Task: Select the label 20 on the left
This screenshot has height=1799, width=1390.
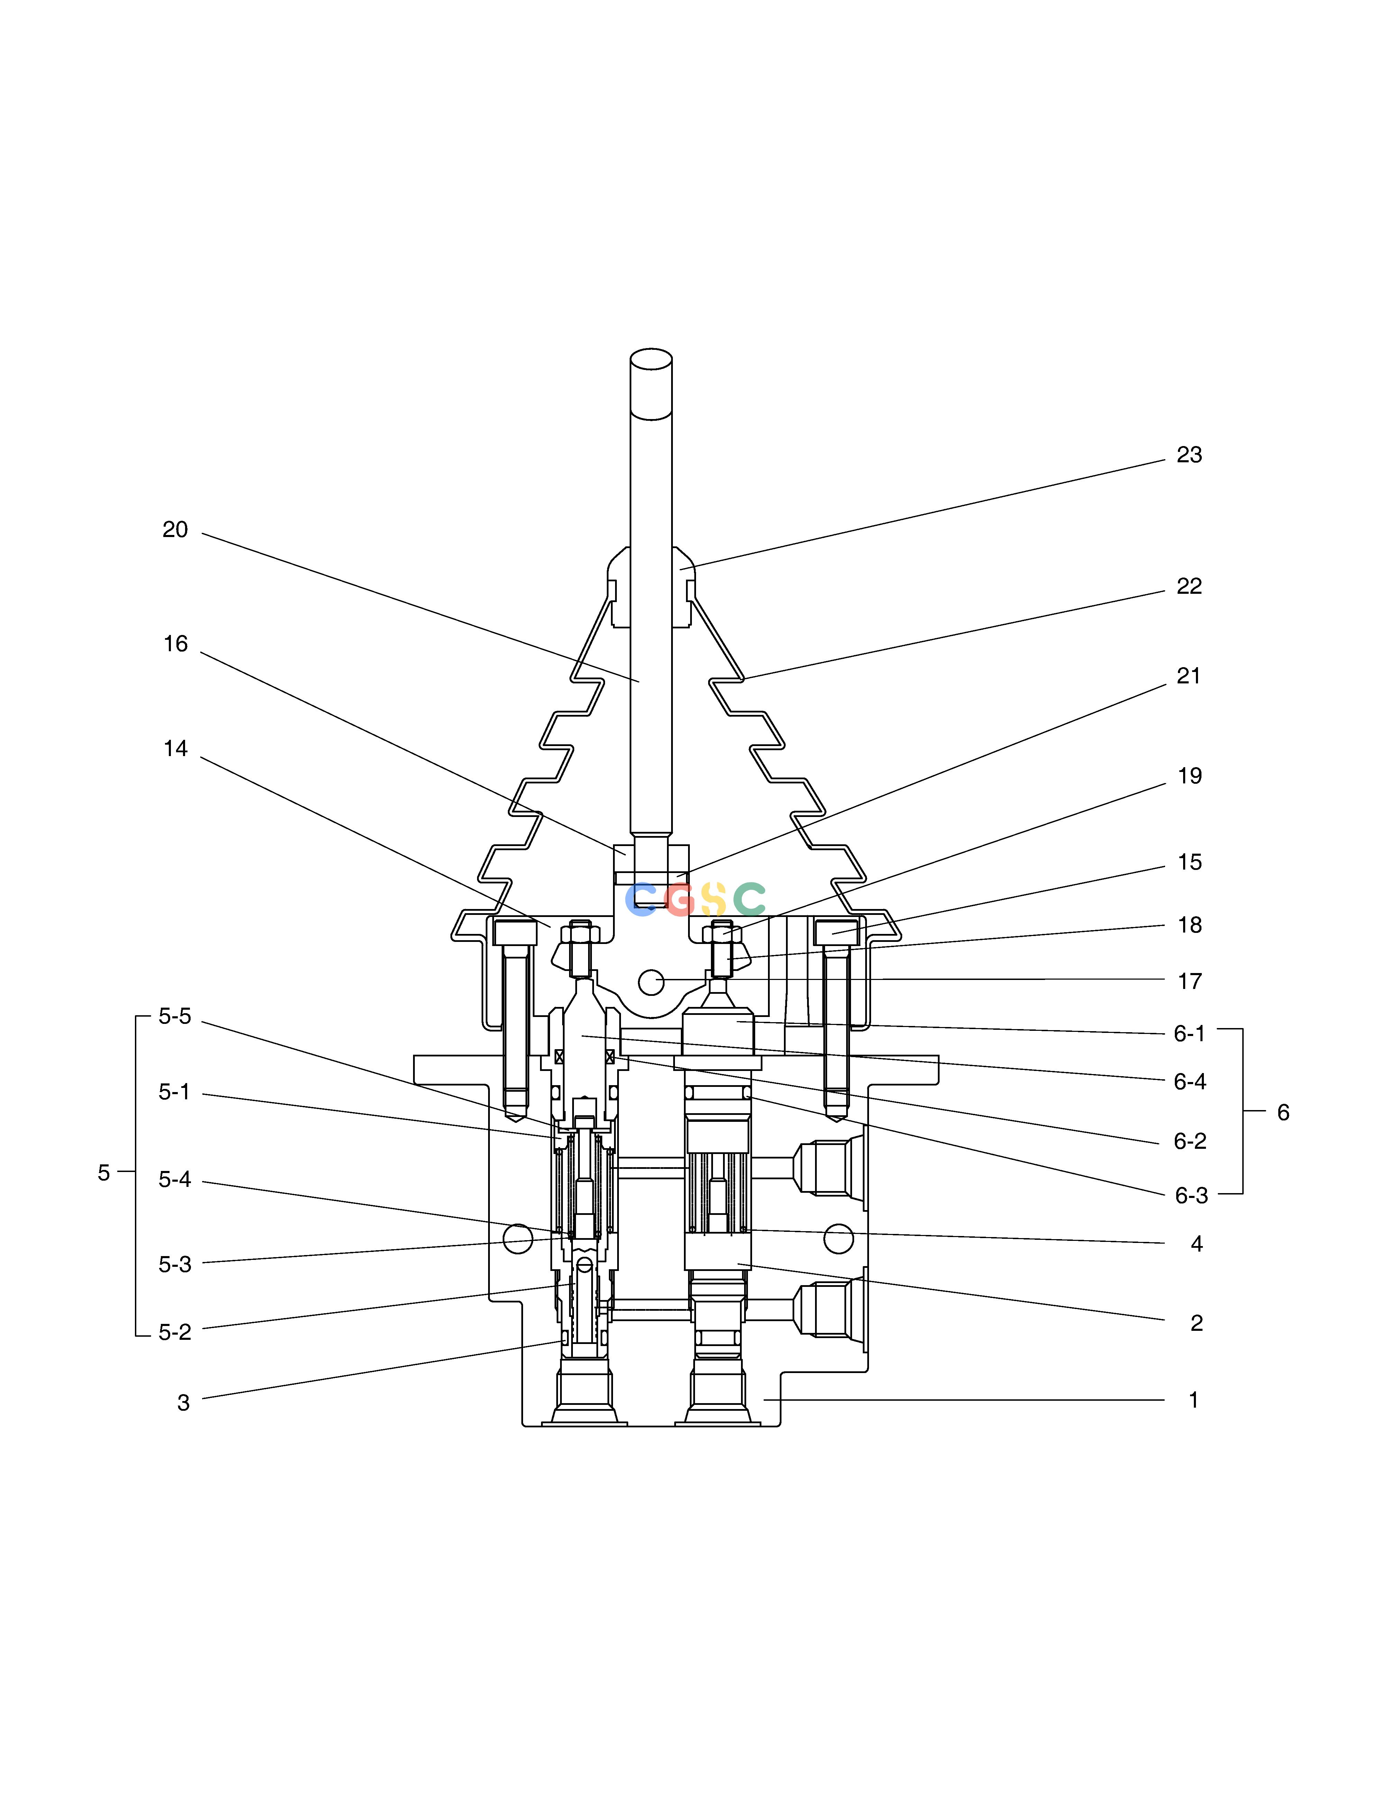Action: [x=175, y=530]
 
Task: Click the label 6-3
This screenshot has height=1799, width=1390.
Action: [x=1191, y=1196]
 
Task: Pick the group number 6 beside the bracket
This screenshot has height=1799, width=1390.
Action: [x=1283, y=1113]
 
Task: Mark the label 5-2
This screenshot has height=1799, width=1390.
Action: [x=175, y=1333]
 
